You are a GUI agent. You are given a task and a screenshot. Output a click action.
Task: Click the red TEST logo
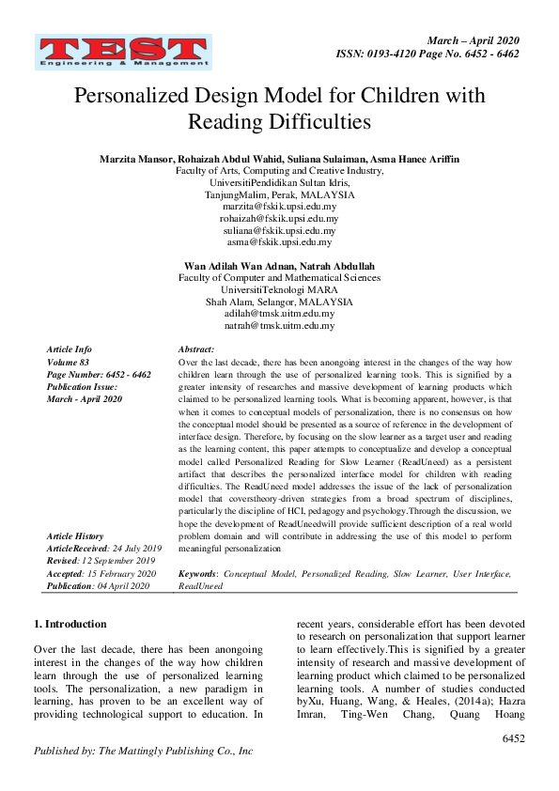(x=122, y=53)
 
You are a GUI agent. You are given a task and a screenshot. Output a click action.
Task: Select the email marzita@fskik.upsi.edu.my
(x=279, y=206)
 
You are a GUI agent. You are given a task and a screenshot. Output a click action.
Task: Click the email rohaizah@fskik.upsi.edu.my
(x=279, y=218)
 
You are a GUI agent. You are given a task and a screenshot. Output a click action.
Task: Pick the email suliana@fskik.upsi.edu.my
(x=279, y=230)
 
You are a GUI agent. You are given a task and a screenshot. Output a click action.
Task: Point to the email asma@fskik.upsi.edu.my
(x=279, y=241)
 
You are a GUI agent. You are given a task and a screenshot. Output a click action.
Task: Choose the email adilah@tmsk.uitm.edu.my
(x=279, y=314)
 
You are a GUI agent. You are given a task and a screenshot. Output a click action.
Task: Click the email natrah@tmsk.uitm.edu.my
(x=279, y=326)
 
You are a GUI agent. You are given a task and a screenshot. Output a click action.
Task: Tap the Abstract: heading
(x=196, y=349)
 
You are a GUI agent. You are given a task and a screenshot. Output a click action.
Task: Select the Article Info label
(x=70, y=349)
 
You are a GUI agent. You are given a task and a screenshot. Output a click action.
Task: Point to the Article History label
(x=77, y=535)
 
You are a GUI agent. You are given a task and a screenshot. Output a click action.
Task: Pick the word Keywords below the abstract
(x=198, y=573)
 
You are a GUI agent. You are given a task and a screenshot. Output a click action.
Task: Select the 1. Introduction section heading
(x=70, y=623)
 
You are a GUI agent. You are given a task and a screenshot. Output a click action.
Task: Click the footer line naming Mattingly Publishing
(x=143, y=752)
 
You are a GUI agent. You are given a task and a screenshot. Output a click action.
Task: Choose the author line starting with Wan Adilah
(x=279, y=266)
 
